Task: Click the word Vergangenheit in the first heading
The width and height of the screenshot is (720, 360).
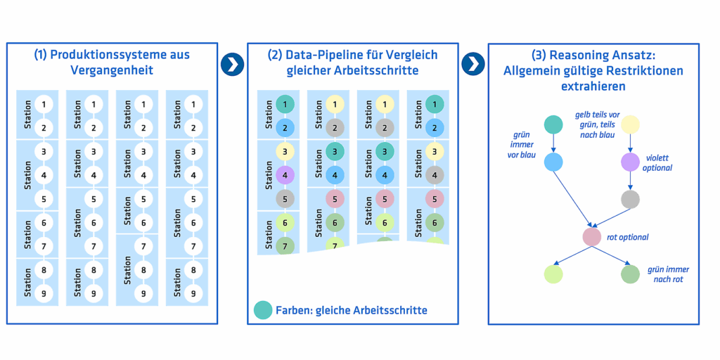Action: pyautogui.click(x=112, y=70)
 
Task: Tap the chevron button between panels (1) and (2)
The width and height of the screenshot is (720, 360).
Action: pyautogui.click(x=232, y=64)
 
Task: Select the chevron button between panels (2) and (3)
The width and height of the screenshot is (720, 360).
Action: pyautogui.click(x=473, y=64)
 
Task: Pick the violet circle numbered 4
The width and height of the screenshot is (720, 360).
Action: pyautogui.click(x=285, y=176)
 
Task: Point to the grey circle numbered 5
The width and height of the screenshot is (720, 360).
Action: pyautogui.click(x=285, y=199)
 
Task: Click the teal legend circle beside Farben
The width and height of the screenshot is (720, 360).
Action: pyautogui.click(x=263, y=309)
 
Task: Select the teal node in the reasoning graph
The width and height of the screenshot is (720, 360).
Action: pyautogui.click(x=553, y=125)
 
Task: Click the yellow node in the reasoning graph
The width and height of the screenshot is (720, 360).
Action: pyautogui.click(x=630, y=125)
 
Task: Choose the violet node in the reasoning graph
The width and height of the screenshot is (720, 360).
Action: pyautogui.click(x=630, y=162)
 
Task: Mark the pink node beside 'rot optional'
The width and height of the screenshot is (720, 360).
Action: pyautogui.click(x=592, y=237)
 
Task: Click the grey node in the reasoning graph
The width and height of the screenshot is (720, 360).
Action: pyautogui.click(x=630, y=199)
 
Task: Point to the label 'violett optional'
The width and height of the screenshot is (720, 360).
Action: pyautogui.click(x=657, y=162)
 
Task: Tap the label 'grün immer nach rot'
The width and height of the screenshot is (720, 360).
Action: pyautogui.click(x=668, y=274)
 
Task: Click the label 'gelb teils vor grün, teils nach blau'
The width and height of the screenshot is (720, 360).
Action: pyautogui.click(x=597, y=124)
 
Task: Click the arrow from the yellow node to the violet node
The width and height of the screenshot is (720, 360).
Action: pyautogui.click(x=630, y=143)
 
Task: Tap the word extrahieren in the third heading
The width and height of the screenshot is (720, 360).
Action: pyautogui.click(x=593, y=87)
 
